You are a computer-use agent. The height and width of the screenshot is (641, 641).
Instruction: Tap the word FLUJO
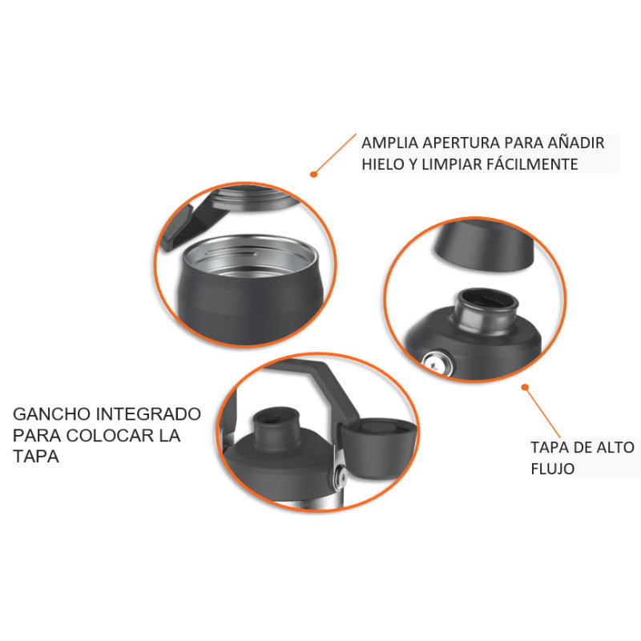(x=553, y=469)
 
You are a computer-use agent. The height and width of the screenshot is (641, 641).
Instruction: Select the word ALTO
(x=615, y=447)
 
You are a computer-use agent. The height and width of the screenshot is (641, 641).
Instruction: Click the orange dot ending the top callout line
(x=313, y=174)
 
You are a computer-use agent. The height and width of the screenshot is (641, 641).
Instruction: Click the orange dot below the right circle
(x=526, y=387)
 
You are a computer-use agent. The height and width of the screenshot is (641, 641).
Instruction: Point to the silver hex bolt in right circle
(x=437, y=363)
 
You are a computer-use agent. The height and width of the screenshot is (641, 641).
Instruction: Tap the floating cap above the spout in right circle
(x=484, y=245)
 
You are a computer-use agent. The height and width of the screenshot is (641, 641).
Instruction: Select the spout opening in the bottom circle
(x=274, y=418)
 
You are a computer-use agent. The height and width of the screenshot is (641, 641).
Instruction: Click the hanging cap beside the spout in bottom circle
(x=376, y=448)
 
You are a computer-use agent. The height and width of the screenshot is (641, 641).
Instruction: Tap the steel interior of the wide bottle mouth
(x=250, y=256)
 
